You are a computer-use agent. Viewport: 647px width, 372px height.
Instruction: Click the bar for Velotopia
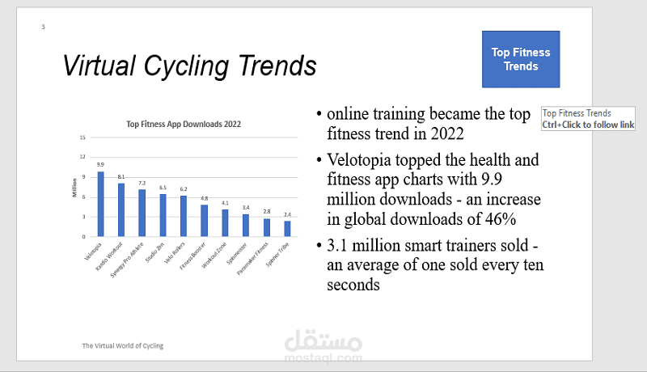coord(100,204)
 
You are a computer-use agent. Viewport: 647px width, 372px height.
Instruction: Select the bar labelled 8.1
coord(121,209)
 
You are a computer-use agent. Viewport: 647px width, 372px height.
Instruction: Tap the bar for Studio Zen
coord(163,215)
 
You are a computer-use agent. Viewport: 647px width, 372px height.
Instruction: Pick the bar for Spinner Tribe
coord(287,229)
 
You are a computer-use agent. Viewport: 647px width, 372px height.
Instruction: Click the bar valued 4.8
coord(204,221)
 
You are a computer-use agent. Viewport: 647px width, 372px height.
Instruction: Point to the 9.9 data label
coord(100,164)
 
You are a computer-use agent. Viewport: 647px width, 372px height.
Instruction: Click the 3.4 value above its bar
coord(246,208)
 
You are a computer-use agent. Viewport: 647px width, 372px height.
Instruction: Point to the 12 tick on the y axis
coord(82,157)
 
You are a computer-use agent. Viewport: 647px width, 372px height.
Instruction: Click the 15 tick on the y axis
coord(82,137)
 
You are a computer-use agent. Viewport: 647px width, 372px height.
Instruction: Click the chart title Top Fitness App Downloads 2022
coord(184,125)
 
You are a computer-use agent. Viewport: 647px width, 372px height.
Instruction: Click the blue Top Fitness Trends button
coord(520,59)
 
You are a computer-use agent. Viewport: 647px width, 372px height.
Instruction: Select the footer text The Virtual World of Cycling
coord(122,345)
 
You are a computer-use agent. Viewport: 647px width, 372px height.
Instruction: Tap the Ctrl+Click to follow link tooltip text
coord(588,125)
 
